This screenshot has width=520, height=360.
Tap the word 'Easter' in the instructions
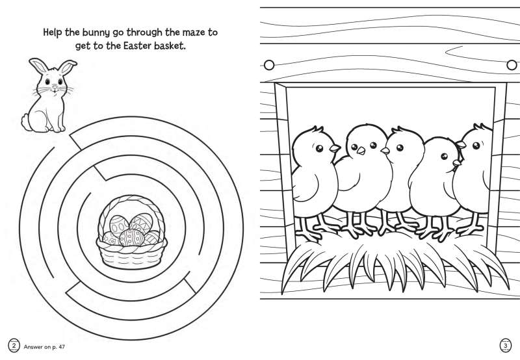[x=136, y=45]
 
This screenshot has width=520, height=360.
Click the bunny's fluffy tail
[x=25, y=122]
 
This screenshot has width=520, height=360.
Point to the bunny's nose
[x=55, y=87]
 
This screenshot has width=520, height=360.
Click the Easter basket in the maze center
[x=131, y=232]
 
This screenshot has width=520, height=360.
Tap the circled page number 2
[x=14, y=346]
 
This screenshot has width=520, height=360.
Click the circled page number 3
[x=505, y=346]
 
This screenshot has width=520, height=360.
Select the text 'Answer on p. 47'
[x=44, y=347]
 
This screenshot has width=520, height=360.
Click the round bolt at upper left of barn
[x=269, y=64]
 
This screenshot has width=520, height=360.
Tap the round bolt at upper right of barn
[x=512, y=64]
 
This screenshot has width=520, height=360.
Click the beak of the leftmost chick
[x=335, y=148]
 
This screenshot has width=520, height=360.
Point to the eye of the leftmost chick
[x=319, y=148]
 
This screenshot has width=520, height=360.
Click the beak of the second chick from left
[x=361, y=151]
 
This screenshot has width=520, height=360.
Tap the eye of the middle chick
[x=400, y=148]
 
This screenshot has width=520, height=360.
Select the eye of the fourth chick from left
[x=445, y=157]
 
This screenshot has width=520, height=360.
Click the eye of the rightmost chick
[x=476, y=145]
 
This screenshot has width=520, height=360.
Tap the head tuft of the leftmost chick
[x=317, y=129]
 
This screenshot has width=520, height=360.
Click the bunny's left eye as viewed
[x=47, y=81]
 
